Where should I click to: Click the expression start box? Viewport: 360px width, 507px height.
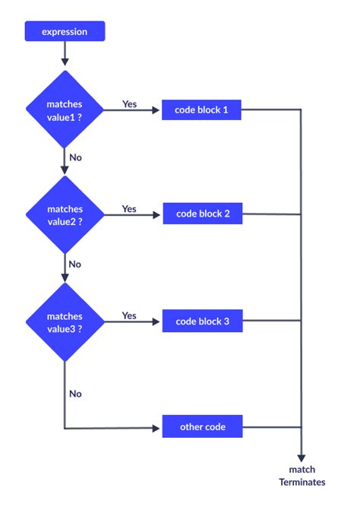(x=65, y=32)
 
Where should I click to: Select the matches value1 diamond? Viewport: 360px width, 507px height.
(x=65, y=109)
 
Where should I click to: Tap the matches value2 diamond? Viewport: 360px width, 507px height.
(x=65, y=214)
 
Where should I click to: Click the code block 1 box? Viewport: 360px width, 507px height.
(x=202, y=110)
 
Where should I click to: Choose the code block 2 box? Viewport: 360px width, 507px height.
(x=202, y=214)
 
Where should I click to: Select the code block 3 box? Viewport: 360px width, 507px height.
(x=202, y=321)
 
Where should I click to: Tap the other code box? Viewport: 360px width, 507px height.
(x=202, y=427)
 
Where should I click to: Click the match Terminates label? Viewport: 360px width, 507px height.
(x=302, y=476)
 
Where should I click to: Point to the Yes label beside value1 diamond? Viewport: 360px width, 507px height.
(x=129, y=103)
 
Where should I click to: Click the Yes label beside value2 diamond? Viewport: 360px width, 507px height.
(x=129, y=208)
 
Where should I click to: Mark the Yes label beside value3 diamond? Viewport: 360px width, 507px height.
(x=129, y=315)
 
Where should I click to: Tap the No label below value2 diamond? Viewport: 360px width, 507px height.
(x=75, y=264)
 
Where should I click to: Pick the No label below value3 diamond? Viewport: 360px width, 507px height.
(x=75, y=394)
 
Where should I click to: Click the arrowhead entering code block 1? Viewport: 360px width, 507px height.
(x=158, y=110)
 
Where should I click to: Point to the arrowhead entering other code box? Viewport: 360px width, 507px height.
(x=158, y=427)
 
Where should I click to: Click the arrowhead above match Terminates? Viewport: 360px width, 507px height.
(x=302, y=456)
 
